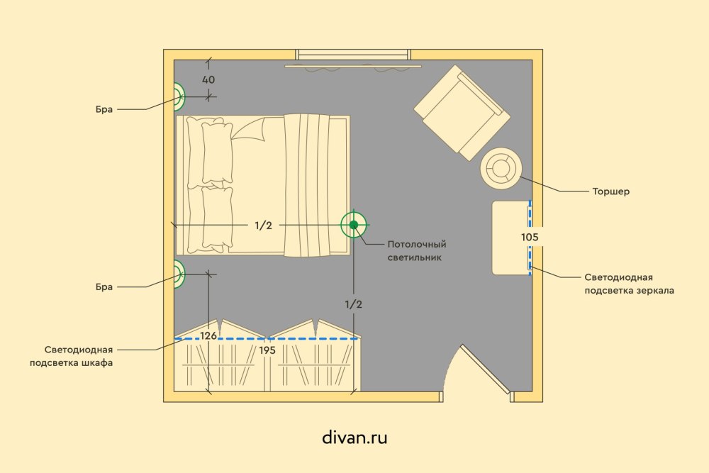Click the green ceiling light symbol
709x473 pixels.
354,225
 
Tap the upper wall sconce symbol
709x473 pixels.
179,96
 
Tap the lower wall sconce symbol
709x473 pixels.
179,274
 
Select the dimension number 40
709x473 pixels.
208,80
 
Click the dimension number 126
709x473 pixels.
208,335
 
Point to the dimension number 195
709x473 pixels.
267,350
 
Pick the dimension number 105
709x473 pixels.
530,237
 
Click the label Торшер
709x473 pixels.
611,191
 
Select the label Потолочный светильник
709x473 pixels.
416,251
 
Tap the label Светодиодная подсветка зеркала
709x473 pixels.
629,284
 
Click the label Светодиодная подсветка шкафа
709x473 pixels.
72,356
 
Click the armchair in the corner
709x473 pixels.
462,113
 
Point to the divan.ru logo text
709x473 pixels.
354,438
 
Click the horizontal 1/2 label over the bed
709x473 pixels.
263,225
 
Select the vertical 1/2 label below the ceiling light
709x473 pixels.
354,304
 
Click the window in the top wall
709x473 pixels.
353,55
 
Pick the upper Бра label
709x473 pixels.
104,109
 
